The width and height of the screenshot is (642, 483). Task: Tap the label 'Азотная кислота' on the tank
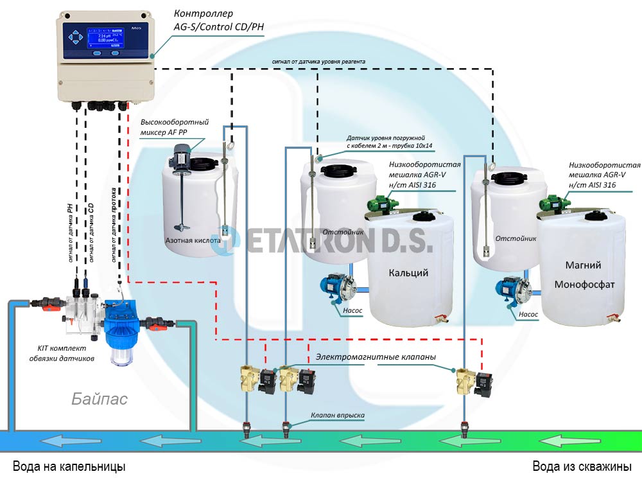tap(193, 241)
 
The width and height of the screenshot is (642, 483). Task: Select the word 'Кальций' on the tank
tap(408, 273)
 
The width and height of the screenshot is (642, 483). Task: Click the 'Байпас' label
tap(100, 399)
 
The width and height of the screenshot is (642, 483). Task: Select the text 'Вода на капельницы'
tap(70, 466)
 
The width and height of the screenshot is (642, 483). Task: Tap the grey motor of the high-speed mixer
tap(184, 154)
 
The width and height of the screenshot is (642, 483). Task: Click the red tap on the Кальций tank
tap(440, 319)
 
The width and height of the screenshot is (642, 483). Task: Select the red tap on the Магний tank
tap(613, 317)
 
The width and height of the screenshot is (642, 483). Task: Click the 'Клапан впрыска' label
tap(338, 416)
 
